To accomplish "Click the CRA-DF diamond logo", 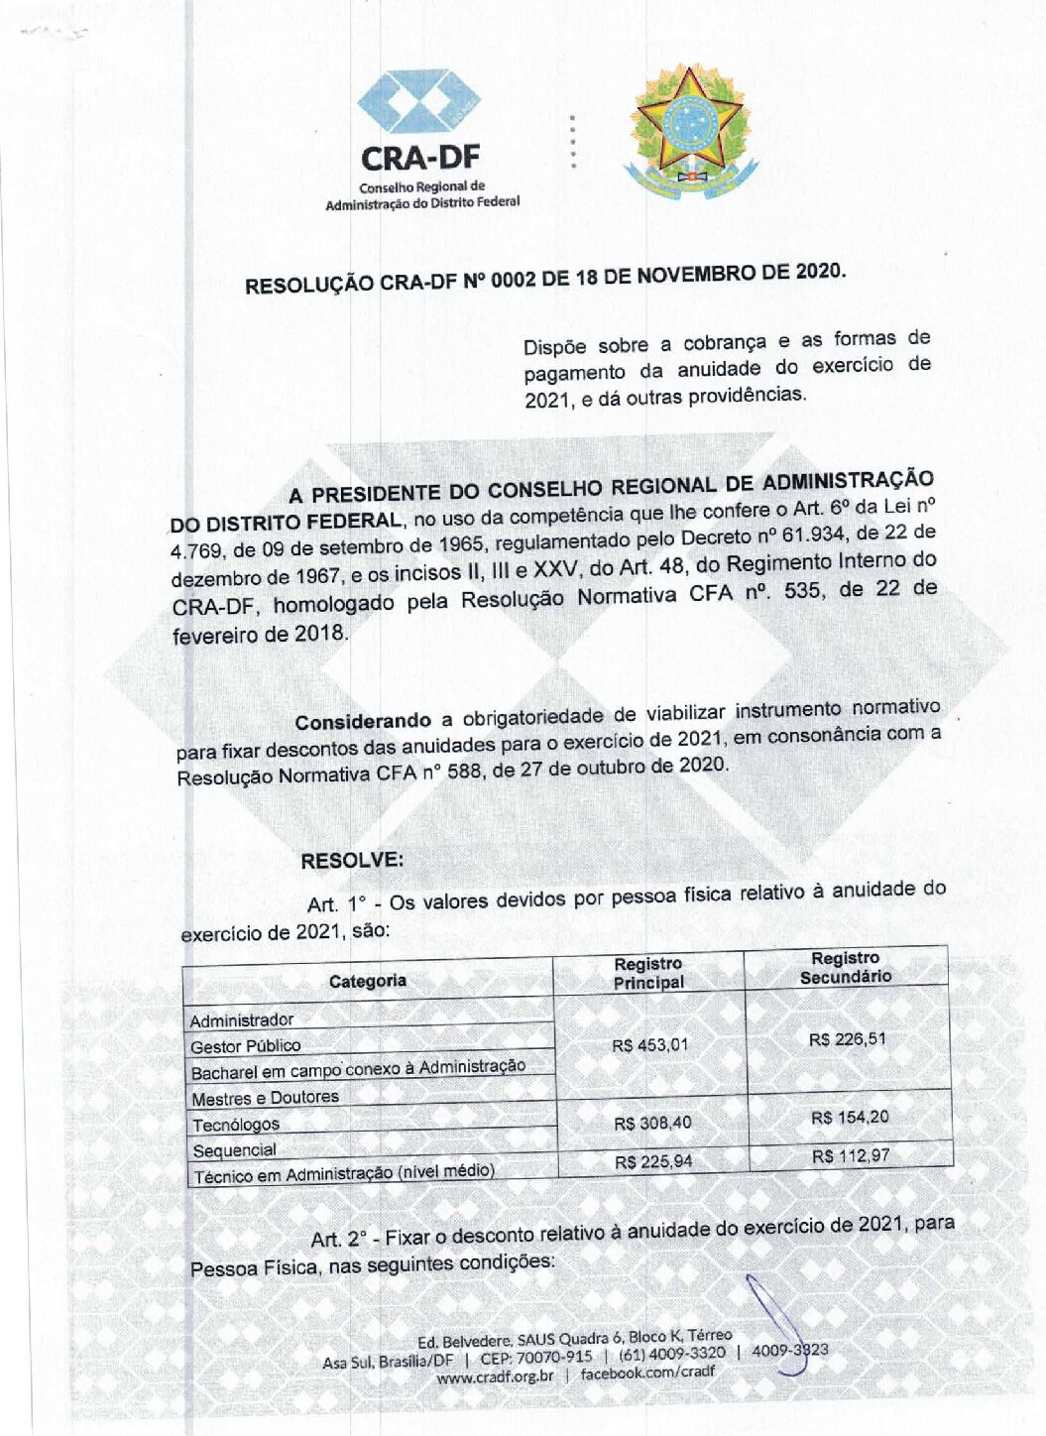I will click(x=418, y=102).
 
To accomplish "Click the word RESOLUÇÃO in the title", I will click(x=309, y=285).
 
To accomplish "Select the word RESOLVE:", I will click(x=352, y=860).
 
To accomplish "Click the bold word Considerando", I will click(x=363, y=721).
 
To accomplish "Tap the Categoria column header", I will click(x=368, y=981).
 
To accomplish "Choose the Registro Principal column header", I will click(x=648, y=973).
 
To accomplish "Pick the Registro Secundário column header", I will click(x=846, y=967).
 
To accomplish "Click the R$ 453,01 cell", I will click(x=649, y=1045).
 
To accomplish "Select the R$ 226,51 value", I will click(x=847, y=1039).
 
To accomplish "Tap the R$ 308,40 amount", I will click(x=652, y=1123).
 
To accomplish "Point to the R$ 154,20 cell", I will click(x=850, y=1118).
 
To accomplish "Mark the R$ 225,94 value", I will click(x=653, y=1161).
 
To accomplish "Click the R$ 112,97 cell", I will click(x=851, y=1155).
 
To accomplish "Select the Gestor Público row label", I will click(x=245, y=1046).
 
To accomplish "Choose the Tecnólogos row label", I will click(x=236, y=1125).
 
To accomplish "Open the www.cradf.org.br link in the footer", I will click(x=495, y=1376).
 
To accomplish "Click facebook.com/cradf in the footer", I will click(x=646, y=1373).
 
